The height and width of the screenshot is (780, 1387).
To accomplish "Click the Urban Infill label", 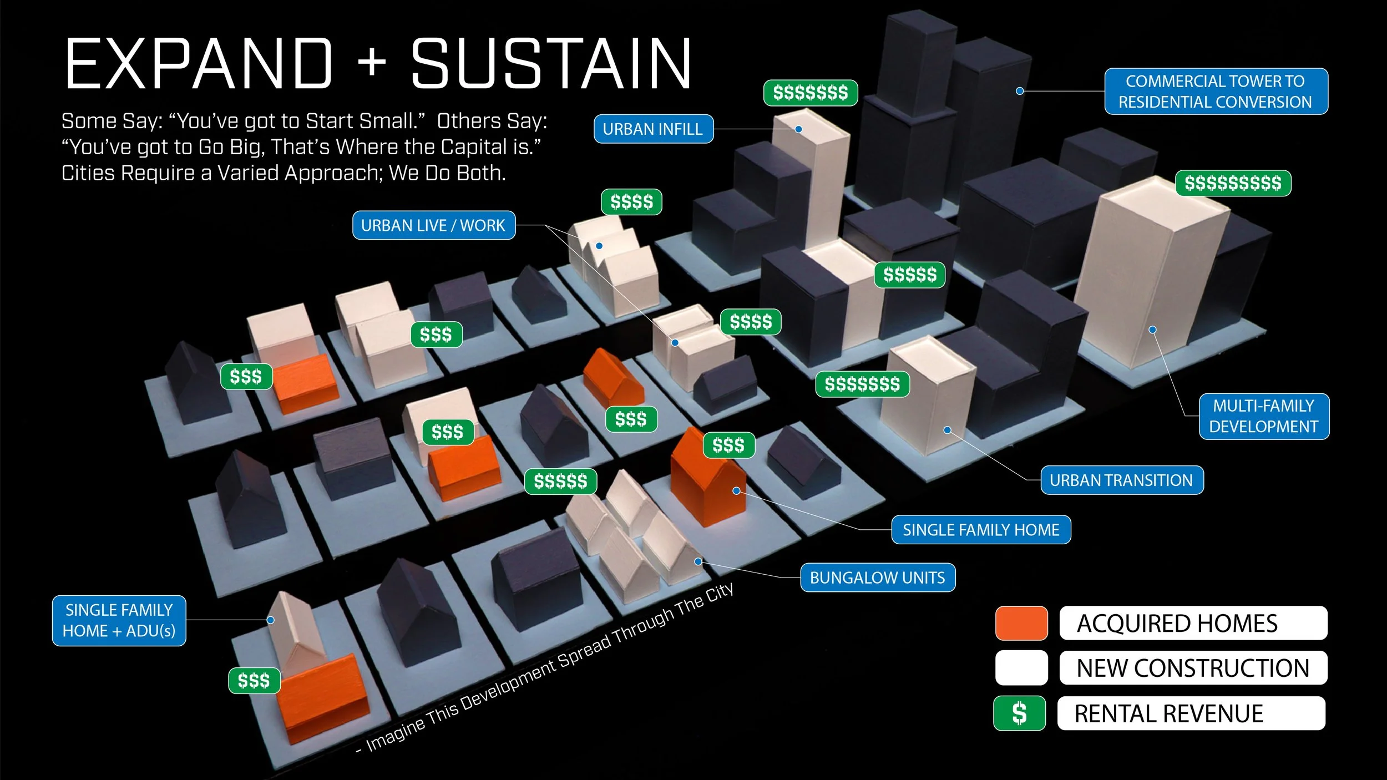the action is coord(653,129).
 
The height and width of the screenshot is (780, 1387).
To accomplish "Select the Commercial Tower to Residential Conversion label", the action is coord(1216,92).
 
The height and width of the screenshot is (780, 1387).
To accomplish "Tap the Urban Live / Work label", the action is coord(433,226).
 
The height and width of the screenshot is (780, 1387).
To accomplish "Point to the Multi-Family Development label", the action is coord(1263,417).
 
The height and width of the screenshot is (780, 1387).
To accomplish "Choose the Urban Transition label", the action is coord(1121,480).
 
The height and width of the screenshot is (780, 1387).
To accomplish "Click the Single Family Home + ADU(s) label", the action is coord(119,621).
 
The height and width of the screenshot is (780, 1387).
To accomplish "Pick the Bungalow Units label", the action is coord(877,578).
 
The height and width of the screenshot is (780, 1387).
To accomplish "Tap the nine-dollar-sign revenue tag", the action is coord(1233,183).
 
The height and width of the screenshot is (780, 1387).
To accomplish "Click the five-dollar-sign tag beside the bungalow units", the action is coord(560,482).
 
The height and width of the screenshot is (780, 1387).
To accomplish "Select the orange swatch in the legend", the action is coord(1021,624).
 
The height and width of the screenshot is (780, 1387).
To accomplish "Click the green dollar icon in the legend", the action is coord(1019,713).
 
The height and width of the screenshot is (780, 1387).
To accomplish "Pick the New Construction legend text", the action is coord(1193,668).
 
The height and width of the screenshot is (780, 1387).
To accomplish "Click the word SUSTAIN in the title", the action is coord(551,64).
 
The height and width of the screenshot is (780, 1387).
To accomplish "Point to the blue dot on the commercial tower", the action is coord(1020,91).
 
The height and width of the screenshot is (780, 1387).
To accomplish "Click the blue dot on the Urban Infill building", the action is coord(798,129).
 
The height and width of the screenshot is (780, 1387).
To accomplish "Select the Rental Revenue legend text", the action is coord(1168,714).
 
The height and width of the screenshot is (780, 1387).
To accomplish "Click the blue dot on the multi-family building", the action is coord(1152,330).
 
